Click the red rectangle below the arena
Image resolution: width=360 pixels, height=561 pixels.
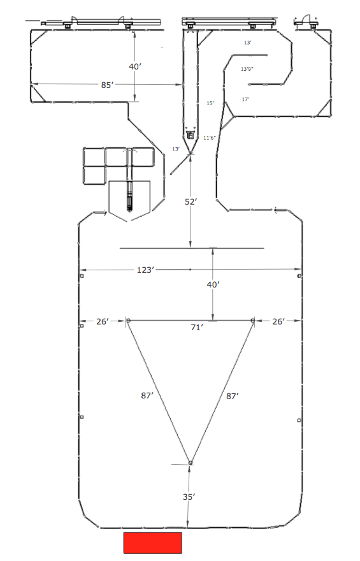(x=153, y=543)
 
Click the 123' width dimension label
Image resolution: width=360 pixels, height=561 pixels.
(x=145, y=270)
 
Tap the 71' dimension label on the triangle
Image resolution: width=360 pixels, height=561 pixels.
(x=197, y=327)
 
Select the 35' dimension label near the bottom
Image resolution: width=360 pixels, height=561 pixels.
(x=189, y=497)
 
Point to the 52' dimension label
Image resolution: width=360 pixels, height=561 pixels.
(x=191, y=202)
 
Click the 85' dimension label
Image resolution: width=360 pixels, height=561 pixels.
(x=107, y=85)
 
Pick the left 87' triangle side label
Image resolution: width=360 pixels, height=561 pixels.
(x=147, y=395)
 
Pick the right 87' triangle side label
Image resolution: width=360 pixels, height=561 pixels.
(x=233, y=396)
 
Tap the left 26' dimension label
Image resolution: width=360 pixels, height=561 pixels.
(x=102, y=322)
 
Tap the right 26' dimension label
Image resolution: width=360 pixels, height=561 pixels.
(x=278, y=322)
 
